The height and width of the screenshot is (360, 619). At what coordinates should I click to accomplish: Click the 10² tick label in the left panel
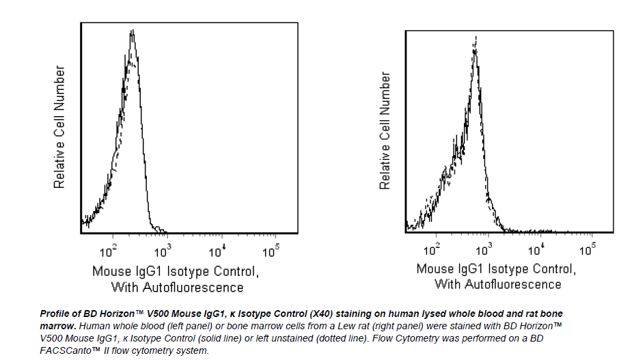click(x=110, y=251)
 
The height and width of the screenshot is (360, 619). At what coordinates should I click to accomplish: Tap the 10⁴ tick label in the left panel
click(x=217, y=251)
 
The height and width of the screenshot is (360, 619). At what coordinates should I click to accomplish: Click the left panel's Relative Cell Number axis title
click(x=59, y=127)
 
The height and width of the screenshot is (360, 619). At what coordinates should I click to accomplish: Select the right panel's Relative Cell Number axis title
click(x=385, y=130)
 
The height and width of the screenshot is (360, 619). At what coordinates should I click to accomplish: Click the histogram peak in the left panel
click(x=133, y=33)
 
